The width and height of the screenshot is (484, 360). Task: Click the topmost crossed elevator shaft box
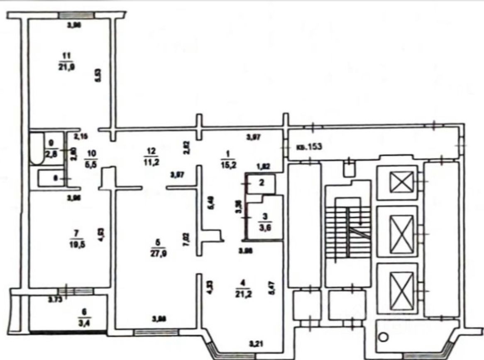coord(401,183)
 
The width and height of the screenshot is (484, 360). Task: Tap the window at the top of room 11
coord(76,15)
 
